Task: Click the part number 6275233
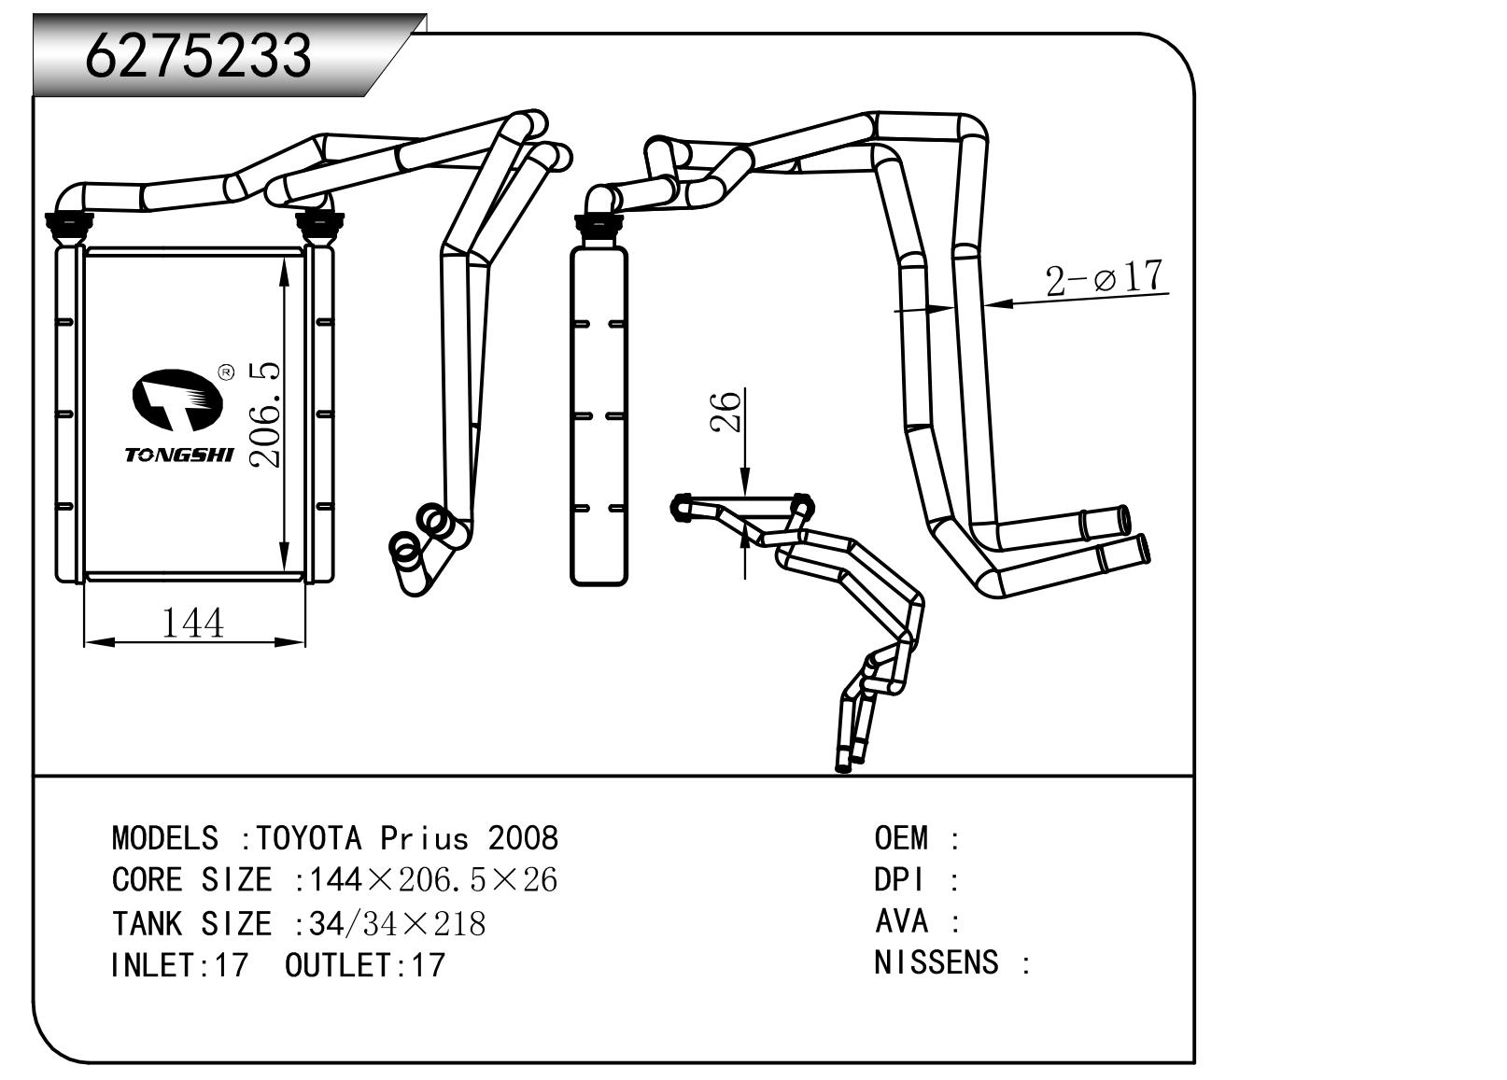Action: [198, 56]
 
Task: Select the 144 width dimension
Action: [193, 623]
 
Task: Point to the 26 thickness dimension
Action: [727, 412]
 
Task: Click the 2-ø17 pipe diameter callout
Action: [1106, 278]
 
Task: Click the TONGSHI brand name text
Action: [179, 455]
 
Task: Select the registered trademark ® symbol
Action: [225, 373]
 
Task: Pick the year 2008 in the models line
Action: [523, 838]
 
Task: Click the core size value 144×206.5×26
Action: [433, 880]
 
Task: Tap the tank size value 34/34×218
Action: [397, 923]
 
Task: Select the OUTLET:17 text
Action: [365, 965]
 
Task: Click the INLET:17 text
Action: [179, 965]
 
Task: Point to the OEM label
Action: [901, 838]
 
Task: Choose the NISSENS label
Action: [936, 962]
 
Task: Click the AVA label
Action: [901, 921]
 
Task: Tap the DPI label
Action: [898, 880]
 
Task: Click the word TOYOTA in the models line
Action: [308, 838]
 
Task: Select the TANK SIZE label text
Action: [191, 923]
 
